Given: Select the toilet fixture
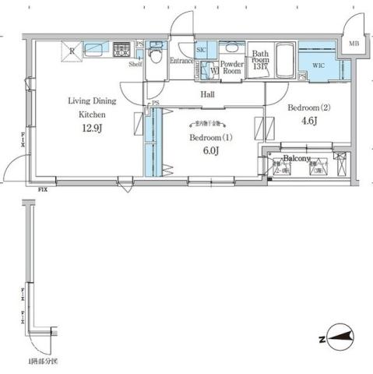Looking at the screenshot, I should click(156, 55).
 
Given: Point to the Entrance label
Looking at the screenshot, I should click(182, 60).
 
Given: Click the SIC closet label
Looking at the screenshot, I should click(202, 48).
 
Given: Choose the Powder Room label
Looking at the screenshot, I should click(232, 66).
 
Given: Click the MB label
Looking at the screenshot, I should click(354, 44).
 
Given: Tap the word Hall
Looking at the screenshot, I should click(208, 93).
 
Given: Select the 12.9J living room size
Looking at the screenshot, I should click(91, 129).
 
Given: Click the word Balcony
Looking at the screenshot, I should click(297, 158).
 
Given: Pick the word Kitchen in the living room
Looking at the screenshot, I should click(91, 114).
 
